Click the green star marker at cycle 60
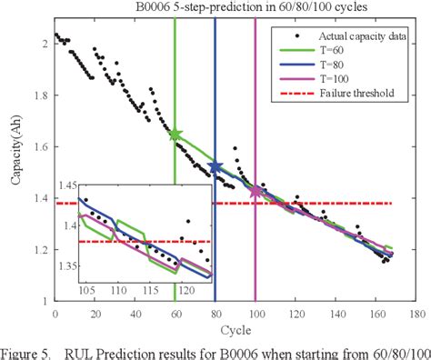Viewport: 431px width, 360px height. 175,135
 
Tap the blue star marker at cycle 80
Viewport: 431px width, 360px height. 215,166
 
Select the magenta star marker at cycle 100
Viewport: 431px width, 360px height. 256,191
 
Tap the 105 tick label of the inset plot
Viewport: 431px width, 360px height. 88,288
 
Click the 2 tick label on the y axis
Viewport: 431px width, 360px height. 48,44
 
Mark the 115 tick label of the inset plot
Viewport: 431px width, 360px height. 150,288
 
